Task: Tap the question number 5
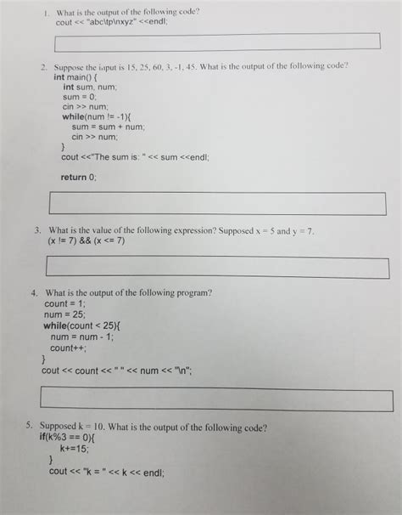point(29,427)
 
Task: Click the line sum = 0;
point(82,96)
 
